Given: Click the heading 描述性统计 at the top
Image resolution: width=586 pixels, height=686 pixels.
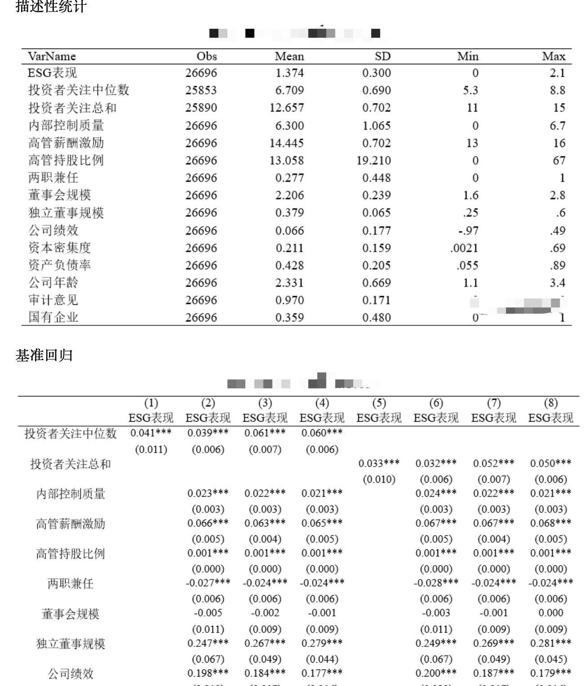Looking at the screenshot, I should (x=51, y=6).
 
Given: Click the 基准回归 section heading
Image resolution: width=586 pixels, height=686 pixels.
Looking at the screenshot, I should (x=44, y=356).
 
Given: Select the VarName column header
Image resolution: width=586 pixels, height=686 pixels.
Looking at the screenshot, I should (x=52, y=56).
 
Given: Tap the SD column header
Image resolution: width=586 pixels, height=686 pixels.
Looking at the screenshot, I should (x=382, y=56).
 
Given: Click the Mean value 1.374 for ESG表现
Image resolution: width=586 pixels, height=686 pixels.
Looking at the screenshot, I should (x=289, y=73).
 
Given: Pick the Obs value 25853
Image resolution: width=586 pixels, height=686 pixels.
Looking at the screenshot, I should (x=201, y=90).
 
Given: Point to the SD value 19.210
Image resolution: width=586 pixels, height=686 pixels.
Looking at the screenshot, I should (x=373, y=160).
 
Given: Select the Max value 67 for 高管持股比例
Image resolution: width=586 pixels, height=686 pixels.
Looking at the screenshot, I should (x=559, y=160).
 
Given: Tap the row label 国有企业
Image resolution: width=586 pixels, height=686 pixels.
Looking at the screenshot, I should (x=53, y=317).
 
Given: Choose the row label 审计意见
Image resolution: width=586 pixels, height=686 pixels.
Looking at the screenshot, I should (x=53, y=300).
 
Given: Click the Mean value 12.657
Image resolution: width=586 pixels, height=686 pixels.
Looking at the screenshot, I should (x=286, y=108).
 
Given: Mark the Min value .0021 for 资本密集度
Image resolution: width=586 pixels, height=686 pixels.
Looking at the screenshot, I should (x=464, y=248).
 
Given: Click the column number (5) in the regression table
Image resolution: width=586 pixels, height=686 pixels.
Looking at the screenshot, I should (x=379, y=403).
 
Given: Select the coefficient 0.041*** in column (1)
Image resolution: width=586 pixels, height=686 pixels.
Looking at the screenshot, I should (x=151, y=433).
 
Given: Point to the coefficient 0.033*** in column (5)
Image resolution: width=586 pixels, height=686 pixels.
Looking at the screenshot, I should (x=379, y=463).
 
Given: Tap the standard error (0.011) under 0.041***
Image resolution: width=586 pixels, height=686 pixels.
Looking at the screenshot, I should (x=151, y=450).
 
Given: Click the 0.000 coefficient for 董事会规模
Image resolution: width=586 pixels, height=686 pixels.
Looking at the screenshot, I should (x=550, y=613).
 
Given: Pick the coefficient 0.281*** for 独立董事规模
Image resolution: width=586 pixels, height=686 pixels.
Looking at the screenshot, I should (x=550, y=643).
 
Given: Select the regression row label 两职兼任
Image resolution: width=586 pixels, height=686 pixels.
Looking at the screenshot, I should (x=71, y=584).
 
